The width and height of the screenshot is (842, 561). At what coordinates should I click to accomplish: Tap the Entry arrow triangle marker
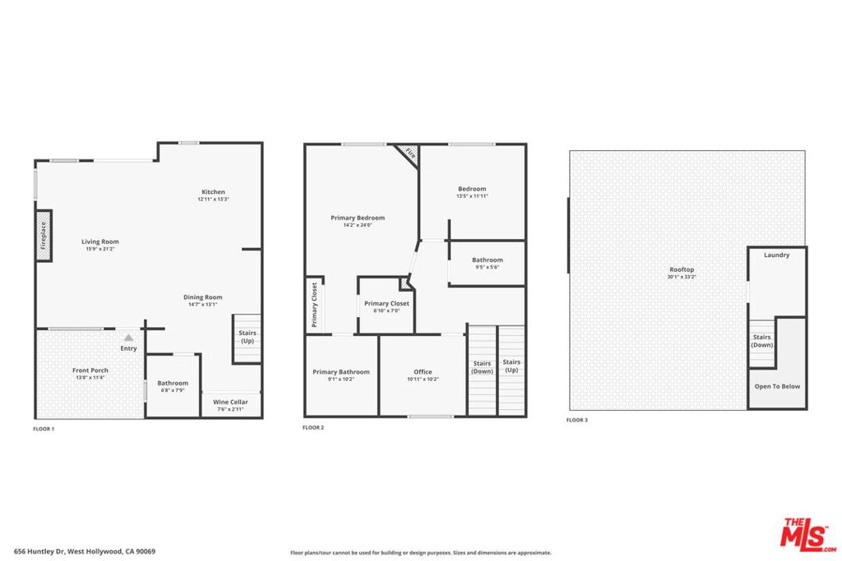click(128, 337)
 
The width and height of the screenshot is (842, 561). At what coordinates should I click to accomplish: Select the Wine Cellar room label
click(232, 402)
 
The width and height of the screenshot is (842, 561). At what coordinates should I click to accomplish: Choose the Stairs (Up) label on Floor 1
click(247, 337)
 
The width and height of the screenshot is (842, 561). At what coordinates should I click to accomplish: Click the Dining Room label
click(202, 297)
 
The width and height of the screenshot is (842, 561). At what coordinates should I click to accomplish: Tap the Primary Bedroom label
click(358, 218)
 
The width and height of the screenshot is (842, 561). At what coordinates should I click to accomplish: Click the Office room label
click(423, 372)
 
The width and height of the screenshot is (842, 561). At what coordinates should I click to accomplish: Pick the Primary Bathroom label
click(341, 372)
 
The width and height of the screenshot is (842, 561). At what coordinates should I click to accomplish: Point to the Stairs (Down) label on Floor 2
click(482, 367)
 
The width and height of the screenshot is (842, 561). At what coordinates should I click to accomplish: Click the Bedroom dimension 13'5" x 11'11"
click(472, 196)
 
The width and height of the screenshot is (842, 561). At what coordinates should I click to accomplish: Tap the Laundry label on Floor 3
click(776, 255)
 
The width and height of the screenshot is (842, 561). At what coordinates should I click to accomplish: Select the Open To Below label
click(777, 386)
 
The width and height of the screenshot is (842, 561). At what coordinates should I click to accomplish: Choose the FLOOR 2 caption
click(313, 428)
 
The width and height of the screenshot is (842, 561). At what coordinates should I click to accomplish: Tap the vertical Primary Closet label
click(314, 304)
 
